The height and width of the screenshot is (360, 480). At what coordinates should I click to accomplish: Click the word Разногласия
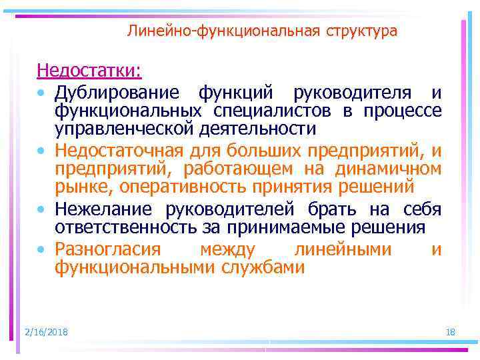[108, 250]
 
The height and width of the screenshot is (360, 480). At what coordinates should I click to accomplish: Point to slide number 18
[449, 332]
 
